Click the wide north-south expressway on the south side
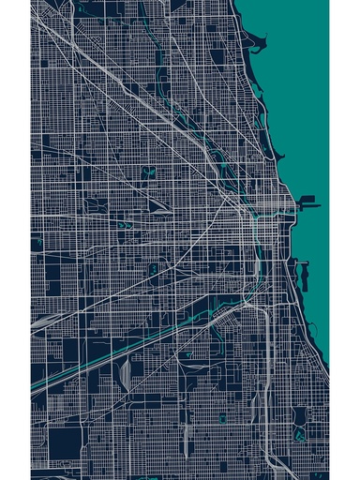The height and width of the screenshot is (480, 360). click(269, 375)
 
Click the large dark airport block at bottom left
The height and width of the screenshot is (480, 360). click(66, 441)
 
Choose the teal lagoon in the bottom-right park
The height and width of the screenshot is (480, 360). click(299, 434)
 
